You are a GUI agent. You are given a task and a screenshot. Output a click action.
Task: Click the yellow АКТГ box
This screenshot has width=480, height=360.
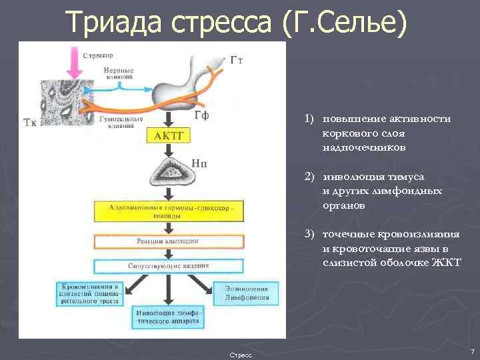(x=169, y=136)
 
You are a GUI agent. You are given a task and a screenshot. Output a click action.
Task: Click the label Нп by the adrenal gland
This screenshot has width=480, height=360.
(x=199, y=162)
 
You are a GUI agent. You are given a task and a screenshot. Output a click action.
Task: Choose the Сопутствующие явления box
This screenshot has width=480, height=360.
(x=169, y=266)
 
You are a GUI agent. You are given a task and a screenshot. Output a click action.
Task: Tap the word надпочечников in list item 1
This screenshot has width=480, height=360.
(x=363, y=147)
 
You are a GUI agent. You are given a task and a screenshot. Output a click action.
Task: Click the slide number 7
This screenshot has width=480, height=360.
(x=472, y=351)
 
